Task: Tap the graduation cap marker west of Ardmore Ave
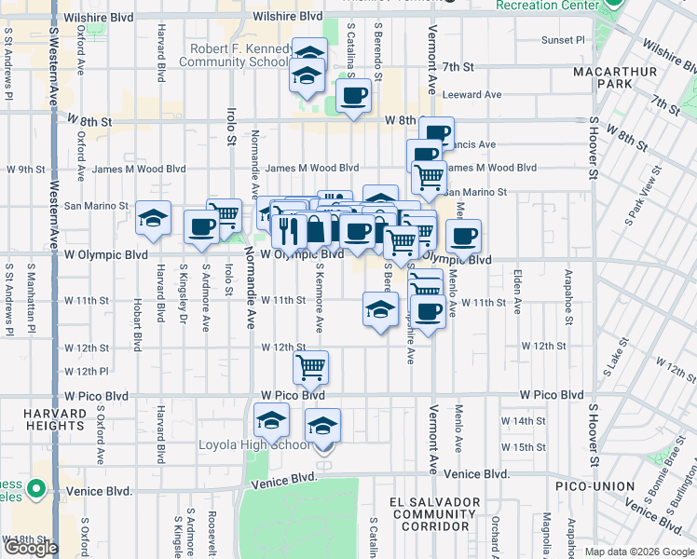click(154, 219)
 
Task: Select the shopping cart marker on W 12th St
click(310, 365)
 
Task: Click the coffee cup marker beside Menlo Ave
click(463, 236)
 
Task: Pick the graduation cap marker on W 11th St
click(379, 311)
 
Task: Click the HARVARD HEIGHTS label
click(43, 418)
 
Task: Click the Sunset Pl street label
click(564, 40)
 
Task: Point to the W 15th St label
click(523, 447)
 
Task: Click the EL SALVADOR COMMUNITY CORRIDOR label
click(436, 514)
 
